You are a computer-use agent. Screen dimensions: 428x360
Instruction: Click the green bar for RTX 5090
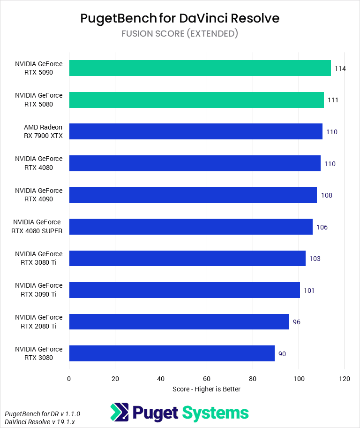click(x=200, y=68)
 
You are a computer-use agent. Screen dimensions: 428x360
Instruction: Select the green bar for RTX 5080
click(x=196, y=100)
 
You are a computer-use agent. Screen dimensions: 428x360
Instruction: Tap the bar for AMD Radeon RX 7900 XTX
click(x=195, y=131)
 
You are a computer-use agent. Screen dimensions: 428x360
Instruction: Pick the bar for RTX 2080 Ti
click(x=179, y=321)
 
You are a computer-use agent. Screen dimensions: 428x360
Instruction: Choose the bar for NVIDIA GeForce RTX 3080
click(x=172, y=353)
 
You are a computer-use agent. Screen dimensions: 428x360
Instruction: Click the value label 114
click(x=340, y=69)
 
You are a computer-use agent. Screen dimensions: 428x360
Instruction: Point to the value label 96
click(x=296, y=322)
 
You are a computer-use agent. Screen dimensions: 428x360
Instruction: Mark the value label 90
click(x=282, y=354)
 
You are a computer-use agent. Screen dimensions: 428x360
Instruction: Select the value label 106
click(x=322, y=227)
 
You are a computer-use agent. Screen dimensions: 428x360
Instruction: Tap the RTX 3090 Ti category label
click(x=38, y=290)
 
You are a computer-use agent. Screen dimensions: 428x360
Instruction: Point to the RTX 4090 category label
click(x=38, y=195)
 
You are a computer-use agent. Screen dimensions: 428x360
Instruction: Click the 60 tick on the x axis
click(x=207, y=379)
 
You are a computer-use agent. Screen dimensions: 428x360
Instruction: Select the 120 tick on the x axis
click(x=345, y=379)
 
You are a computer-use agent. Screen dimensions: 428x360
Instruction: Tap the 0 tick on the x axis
click(x=69, y=379)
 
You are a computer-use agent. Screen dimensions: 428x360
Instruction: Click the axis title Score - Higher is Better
click(x=206, y=389)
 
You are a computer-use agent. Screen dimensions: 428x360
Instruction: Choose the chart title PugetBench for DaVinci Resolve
click(x=180, y=18)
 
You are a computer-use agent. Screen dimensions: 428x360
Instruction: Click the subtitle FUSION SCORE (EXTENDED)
click(x=180, y=33)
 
